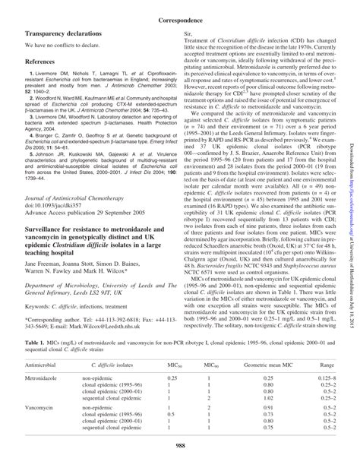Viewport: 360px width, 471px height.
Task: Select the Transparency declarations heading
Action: [x=64, y=35]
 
